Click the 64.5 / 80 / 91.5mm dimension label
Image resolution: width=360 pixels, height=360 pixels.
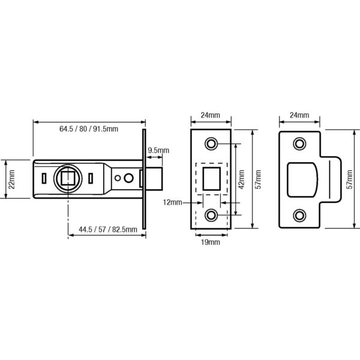(89, 129)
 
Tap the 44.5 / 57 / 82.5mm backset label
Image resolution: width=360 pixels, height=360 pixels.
(108, 229)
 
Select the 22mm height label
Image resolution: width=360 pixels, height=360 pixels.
(11, 179)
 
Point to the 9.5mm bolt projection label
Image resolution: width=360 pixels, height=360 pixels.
(158, 151)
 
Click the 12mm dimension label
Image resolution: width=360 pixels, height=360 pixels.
(172, 202)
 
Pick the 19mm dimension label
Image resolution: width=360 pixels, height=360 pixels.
(211, 242)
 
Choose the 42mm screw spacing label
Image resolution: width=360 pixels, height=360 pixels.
(241, 179)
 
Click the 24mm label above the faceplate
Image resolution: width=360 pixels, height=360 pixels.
(211, 115)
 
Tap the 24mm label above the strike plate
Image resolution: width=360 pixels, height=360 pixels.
(299, 115)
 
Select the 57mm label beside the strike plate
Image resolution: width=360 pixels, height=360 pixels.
(350, 179)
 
